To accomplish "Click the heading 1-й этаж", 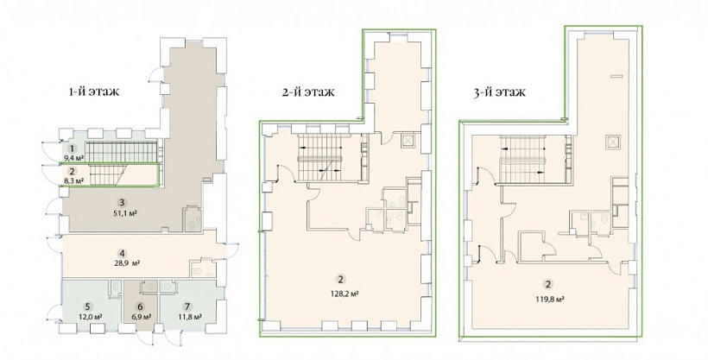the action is pyautogui.click(x=94, y=92).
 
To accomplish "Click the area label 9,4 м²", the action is pyautogui.click(x=73, y=158).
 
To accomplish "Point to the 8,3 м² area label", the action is pyautogui.click(x=73, y=181).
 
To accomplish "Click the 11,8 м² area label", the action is pyautogui.click(x=189, y=316).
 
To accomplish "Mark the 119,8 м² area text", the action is pyautogui.click(x=548, y=299).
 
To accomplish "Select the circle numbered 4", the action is pyautogui.click(x=123, y=253).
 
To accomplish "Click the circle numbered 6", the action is pyautogui.click(x=141, y=306).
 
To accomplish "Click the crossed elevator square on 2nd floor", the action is pyautogui.click(x=408, y=141).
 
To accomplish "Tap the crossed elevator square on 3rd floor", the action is pyautogui.click(x=612, y=142).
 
